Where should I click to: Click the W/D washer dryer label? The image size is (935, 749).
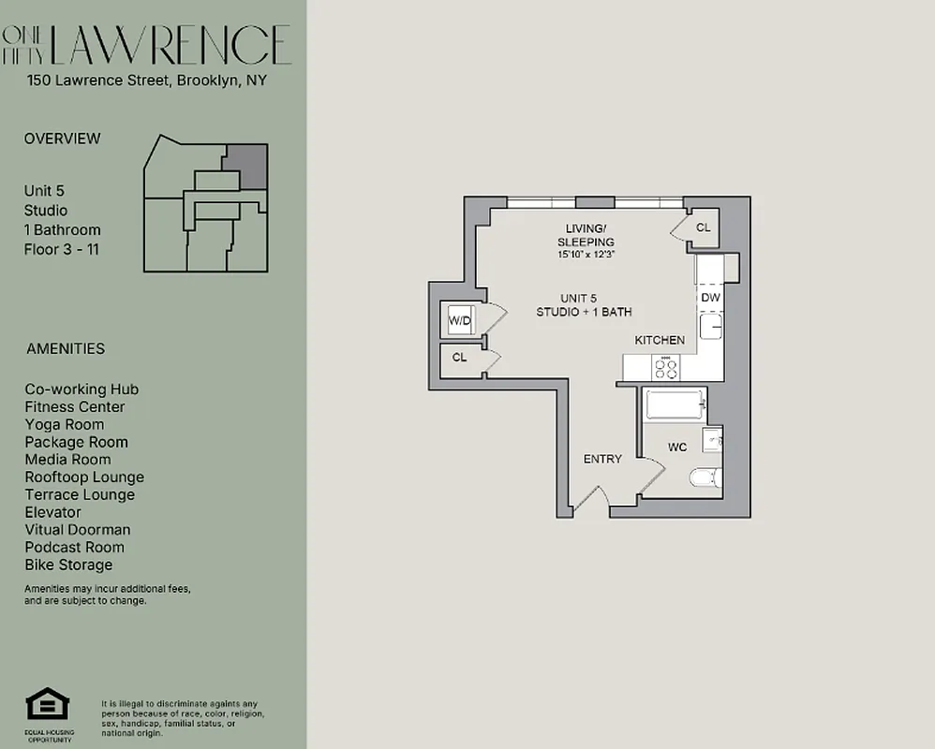(460, 321)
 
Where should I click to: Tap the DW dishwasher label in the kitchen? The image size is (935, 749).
(710, 298)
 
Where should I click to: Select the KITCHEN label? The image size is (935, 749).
(660, 340)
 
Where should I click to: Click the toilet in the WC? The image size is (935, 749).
(705, 478)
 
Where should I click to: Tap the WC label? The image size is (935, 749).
(677, 448)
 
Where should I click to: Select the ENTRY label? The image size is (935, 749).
(602, 459)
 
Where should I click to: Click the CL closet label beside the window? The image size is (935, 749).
(704, 228)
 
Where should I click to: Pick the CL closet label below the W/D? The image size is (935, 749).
(459, 358)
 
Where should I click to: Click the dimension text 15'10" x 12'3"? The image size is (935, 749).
(586, 254)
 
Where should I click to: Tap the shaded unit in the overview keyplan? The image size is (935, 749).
(249, 165)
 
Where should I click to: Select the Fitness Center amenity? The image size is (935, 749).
(75, 406)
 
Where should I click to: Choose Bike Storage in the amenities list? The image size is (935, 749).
(68, 565)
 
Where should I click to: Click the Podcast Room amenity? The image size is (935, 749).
(75, 547)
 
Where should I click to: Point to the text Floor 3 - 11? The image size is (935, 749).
(62, 249)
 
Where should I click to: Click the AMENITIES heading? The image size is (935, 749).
(66, 348)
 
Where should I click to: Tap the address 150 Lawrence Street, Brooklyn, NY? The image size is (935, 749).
(147, 81)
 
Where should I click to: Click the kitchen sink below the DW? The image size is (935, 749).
(711, 327)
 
